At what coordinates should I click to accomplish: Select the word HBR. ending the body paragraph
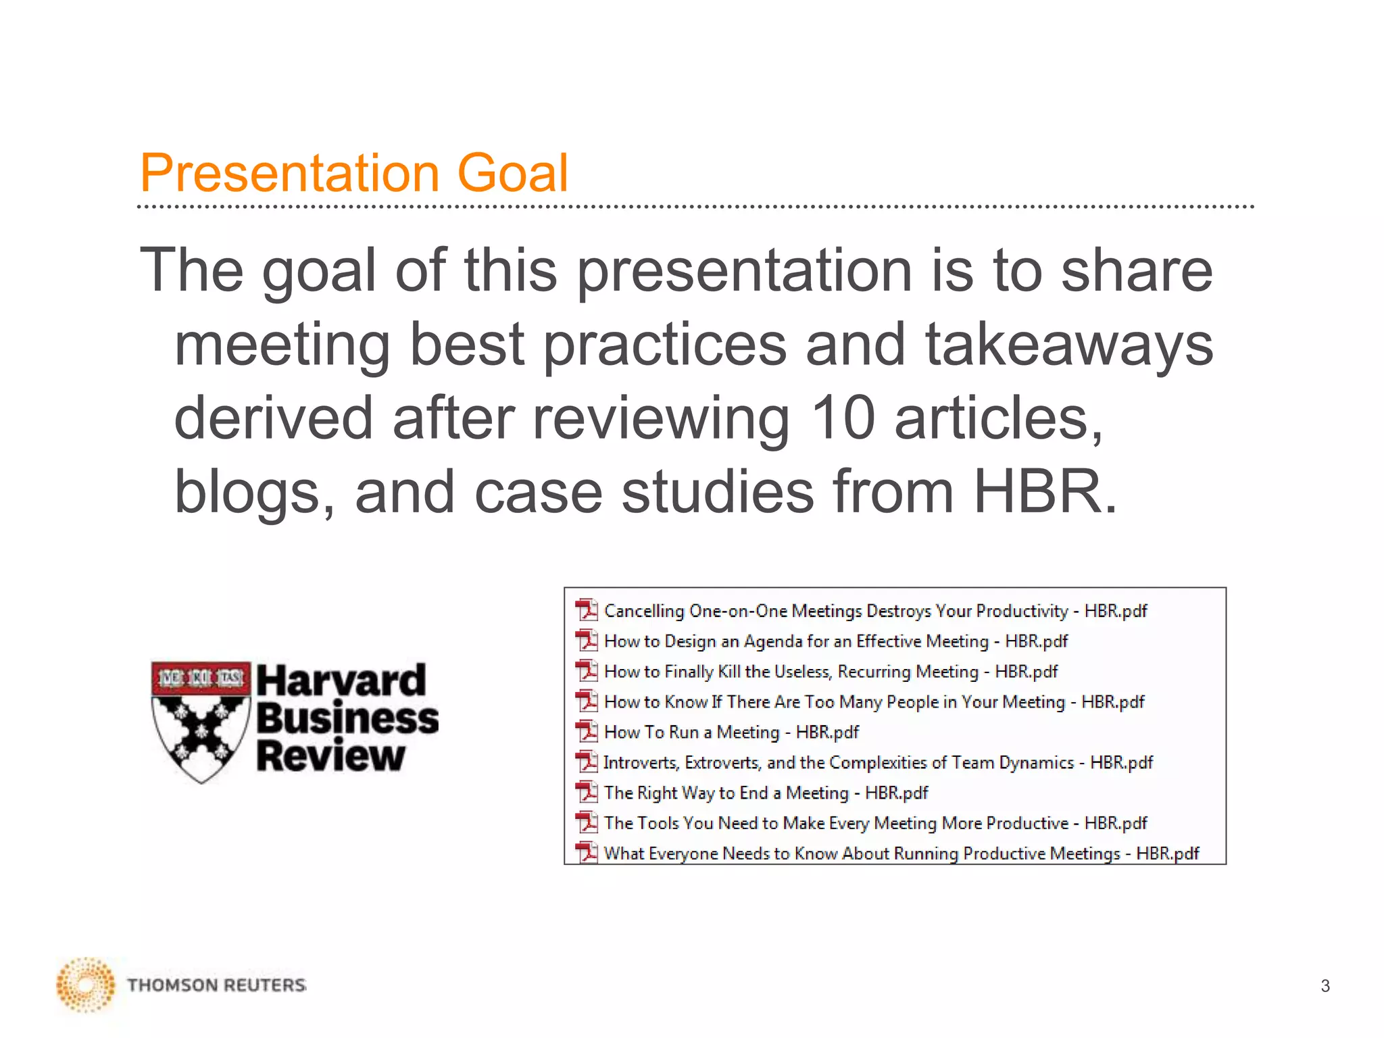pyautogui.click(x=1045, y=491)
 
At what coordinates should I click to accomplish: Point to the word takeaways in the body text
pyautogui.click(x=1069, y=344)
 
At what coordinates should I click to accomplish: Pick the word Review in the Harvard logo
pyautogui.click(x=330, y=756)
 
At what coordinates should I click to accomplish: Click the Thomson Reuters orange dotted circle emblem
pyautogui.click(x=86, y=985)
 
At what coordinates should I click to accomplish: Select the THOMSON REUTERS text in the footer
pyautogui.click(x=216, y=985)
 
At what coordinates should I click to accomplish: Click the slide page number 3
pyautogui.click(x=1325, y=986)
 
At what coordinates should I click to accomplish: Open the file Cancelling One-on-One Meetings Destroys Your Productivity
pyautogui.click(x=875, y=611)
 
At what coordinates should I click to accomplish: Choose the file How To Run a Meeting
pyautogui.click(x=731, y=732)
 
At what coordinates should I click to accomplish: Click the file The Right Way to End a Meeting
pyautogui.click(x=766, y=793)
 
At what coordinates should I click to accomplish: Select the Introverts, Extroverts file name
pyautogui.click(x=878, y=762)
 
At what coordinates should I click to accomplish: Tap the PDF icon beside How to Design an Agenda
pyautogui.click(x=587, y=640)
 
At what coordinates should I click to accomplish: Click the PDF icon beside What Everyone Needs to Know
pyautogui.click(x=587, y=852)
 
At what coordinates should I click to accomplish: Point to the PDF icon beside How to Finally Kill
pyautogui.click(x=587, y=670)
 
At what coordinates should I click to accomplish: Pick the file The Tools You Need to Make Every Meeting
pyautogui.click(x=875, y=823)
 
